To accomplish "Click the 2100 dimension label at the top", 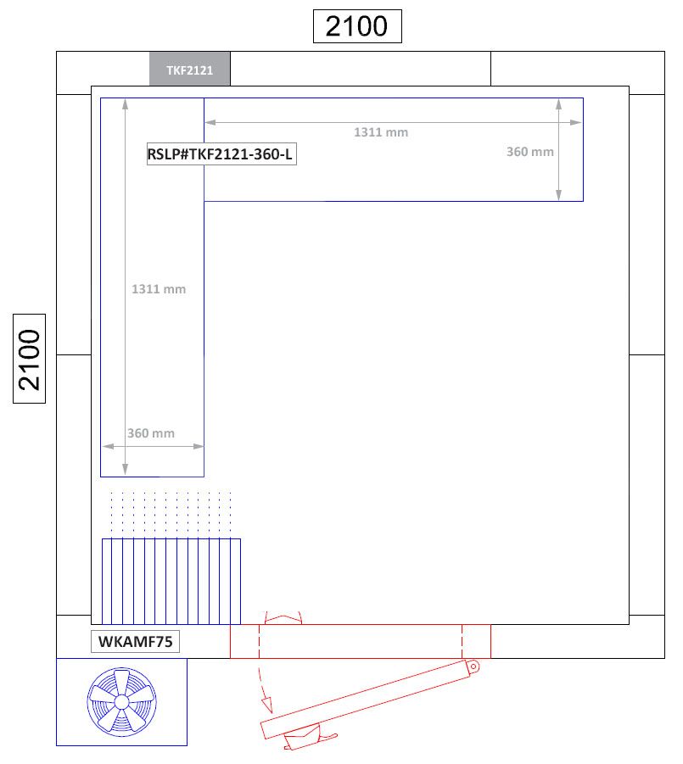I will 356,26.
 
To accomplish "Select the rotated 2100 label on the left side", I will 30,360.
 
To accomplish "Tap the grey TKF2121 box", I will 190,69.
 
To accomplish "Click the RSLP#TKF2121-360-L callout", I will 221,153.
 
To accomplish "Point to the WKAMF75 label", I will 136,642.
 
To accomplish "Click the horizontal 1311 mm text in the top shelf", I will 381,132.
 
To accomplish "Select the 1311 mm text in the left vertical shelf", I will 159,289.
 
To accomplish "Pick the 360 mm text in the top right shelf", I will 530,152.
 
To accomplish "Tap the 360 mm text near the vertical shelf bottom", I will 151,433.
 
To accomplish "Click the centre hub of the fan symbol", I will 121,701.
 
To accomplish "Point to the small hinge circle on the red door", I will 473,666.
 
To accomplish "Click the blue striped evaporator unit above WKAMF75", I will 171,581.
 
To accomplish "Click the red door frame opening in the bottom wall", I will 360,641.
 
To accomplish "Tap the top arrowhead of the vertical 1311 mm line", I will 126,103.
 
